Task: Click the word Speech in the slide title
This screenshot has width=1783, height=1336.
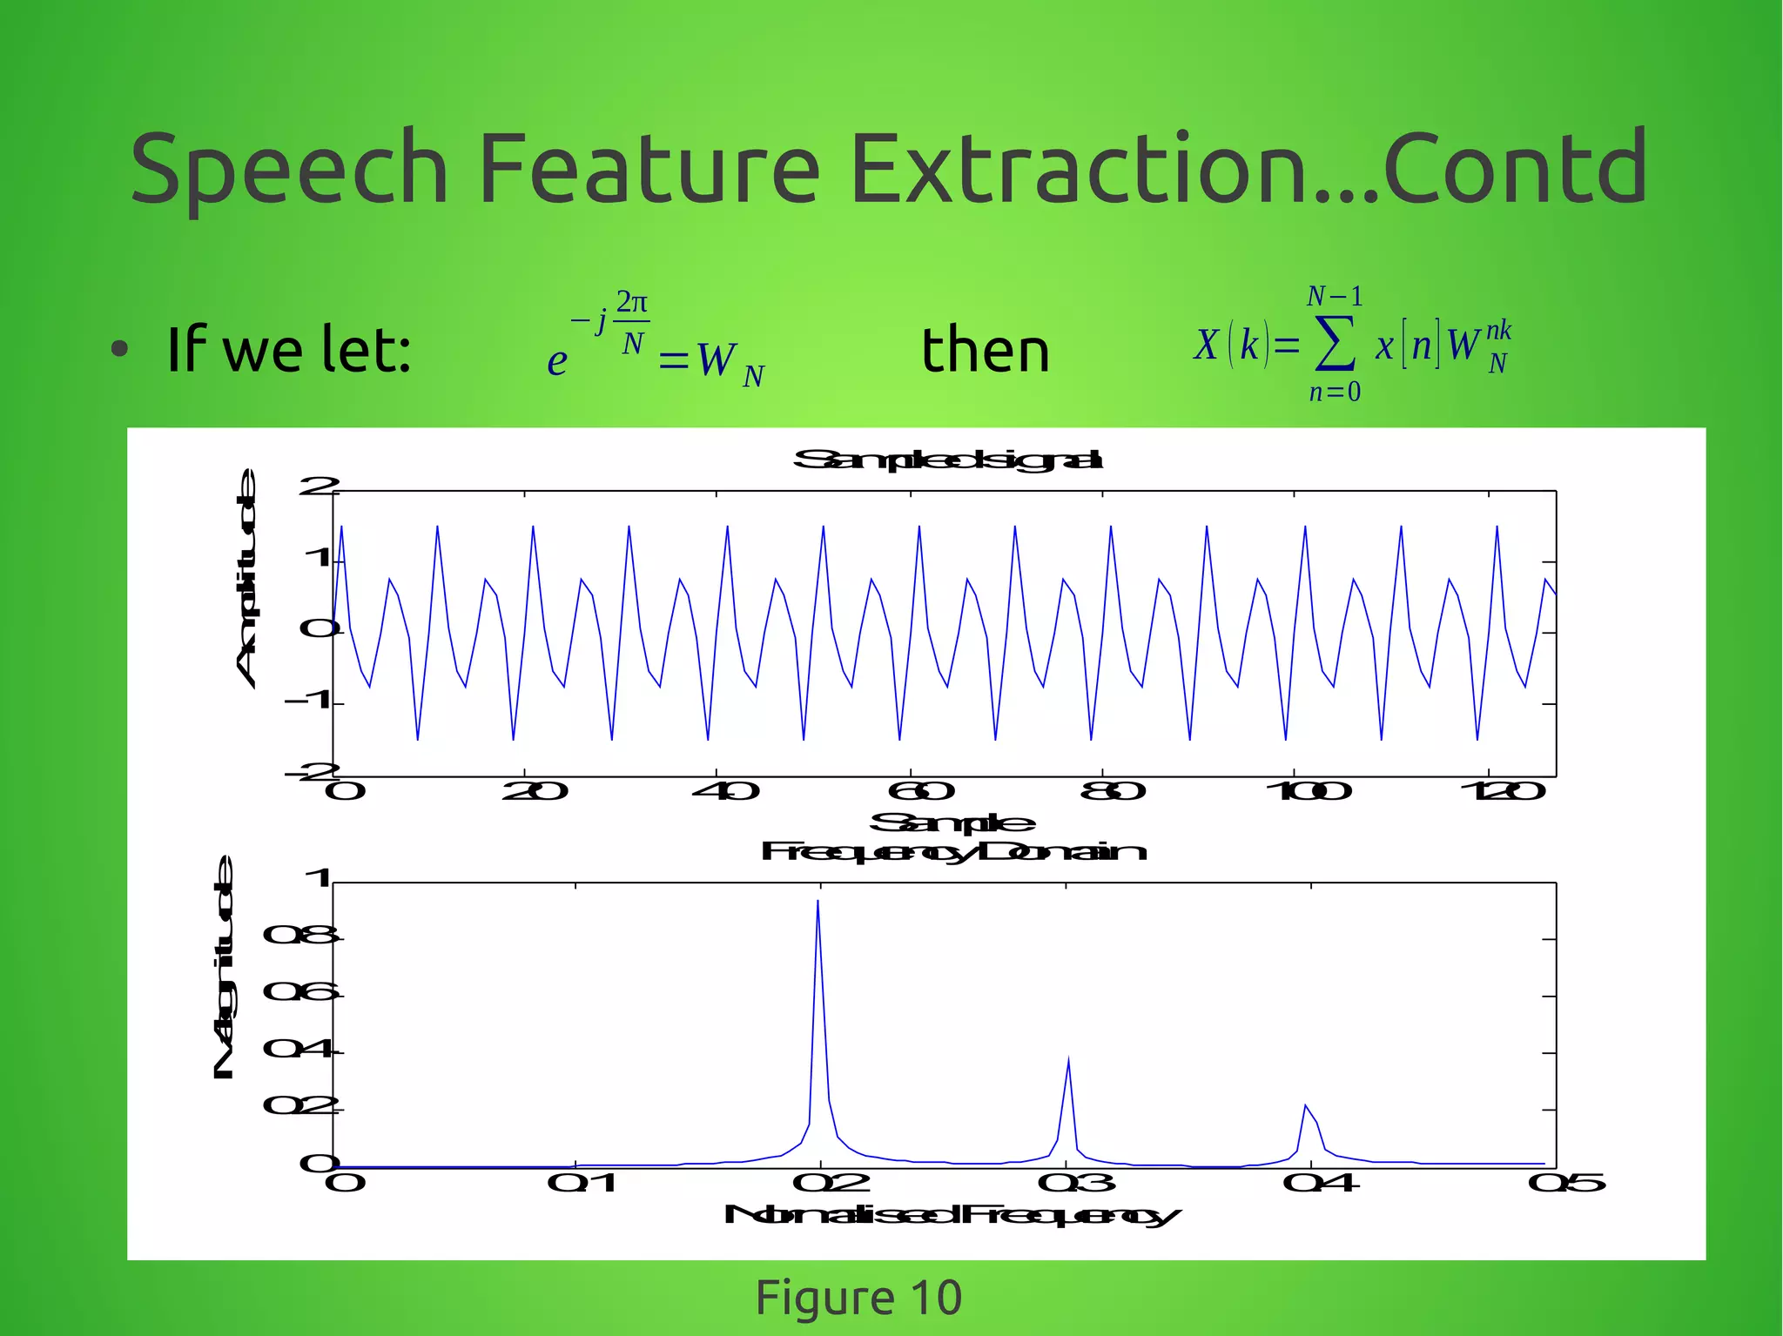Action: pos(288,170)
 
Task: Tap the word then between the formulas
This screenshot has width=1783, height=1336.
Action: pos(986,350)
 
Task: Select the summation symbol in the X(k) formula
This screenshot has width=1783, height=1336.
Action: pos(1335,345)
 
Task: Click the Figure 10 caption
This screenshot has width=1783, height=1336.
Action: pos(858,1298)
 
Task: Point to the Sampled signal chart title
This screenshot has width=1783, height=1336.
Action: pos(947,460)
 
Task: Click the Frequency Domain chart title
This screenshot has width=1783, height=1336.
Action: pos(953,851)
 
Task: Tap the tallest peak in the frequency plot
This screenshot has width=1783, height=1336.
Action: pos(817,903)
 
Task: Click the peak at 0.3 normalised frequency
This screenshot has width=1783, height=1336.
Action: pos(1068,1060)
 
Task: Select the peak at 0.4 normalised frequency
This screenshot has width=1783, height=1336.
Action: pos(1305,1106)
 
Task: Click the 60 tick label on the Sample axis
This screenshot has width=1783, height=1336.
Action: pos(921,791)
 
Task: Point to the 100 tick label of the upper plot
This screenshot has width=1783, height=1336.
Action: pos(1308,791)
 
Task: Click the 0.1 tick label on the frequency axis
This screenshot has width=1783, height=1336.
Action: pos(582,1183)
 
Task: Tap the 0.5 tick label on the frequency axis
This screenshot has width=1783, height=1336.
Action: pos(1566,1183)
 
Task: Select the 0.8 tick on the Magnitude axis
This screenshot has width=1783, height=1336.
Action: pos(300,936)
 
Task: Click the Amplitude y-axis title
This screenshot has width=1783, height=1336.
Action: pos(247,579)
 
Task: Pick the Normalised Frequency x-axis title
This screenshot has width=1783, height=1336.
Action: pos(952,1215)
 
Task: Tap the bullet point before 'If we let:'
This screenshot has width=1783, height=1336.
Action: pos(120,350)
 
